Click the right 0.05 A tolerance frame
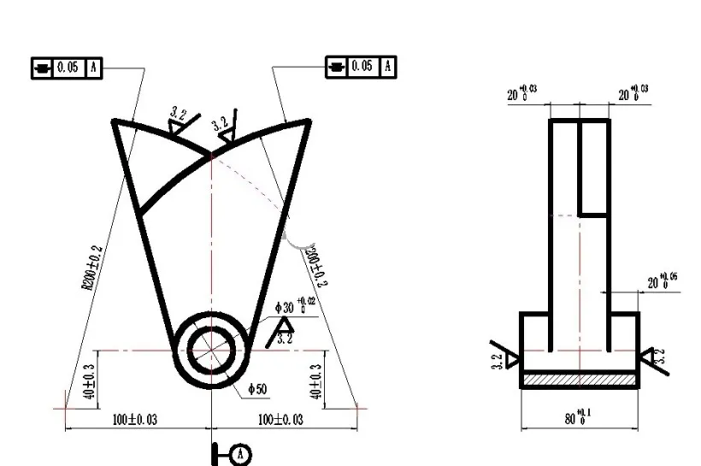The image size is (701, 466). click(x=361, y=66)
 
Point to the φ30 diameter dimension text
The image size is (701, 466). click(x=295, y=306)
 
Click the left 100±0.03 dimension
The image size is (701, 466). click(x=135, y=419)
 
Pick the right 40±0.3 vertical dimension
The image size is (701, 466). click(x=316, y=382)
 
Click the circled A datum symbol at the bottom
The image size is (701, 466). click(x=242, y=453)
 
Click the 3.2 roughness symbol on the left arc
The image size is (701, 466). click(x=180, y=122)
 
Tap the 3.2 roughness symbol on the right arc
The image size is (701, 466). click(x=225, y=128)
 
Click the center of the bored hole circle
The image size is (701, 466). click(x=209, y=350)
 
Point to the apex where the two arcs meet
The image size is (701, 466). click(x=210, y=155)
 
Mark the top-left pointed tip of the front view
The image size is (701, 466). click(x=115, y=122)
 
